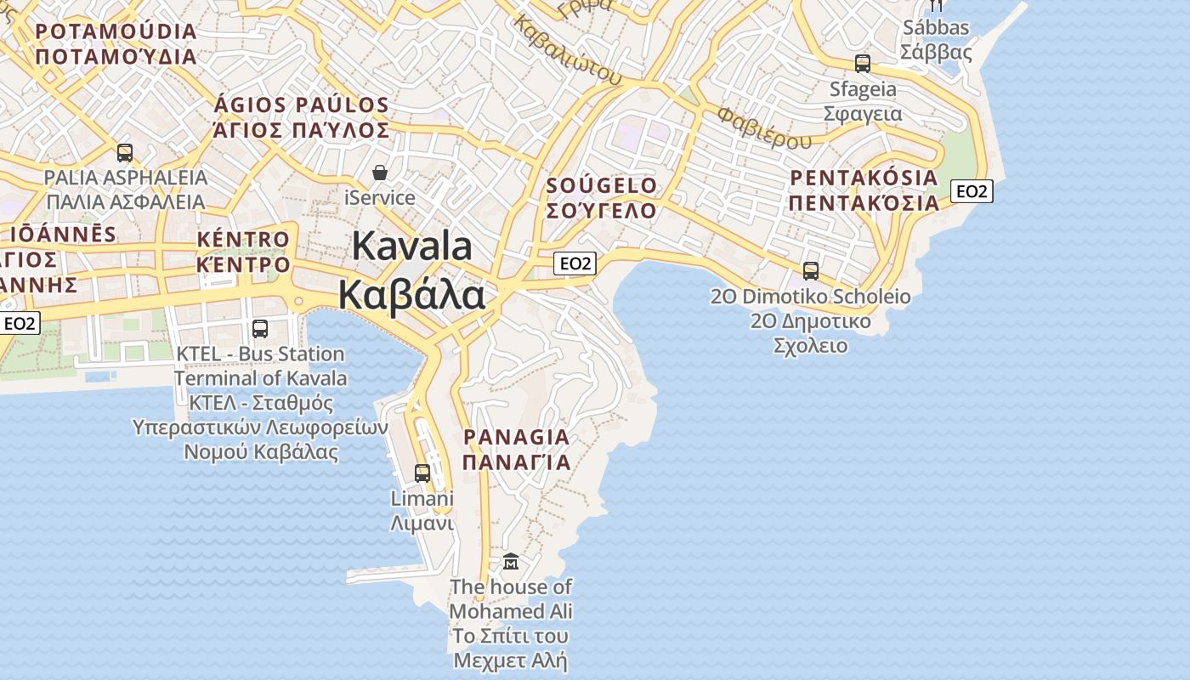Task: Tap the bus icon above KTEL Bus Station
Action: pyautogui.click(x=260, y=328)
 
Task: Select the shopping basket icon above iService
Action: pyautogui.click(x=380, y=173)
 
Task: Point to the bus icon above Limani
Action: pyautogui.click(x=422, y=473)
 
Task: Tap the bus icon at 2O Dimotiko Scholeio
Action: pyautogui.click(x=811, y=270)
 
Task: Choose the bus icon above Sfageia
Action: pyautogui.click(x=863, y=63)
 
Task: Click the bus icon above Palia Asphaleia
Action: pyautogui.click(x=125, y=153)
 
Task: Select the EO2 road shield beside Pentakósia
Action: pyautogui.click(x=972, y=191)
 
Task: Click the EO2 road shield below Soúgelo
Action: pyautogui.click(x=575, y=263)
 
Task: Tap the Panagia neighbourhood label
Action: pyautogui.click(x=516, y=449)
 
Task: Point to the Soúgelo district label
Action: pyautogui.click(x=602, y=197)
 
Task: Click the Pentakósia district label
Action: pyautogui.click(x=864, y=190)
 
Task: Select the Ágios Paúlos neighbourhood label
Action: pyautogui.click(x=302, y=117)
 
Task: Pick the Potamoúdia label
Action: pyautogui.click(x=116, y=44)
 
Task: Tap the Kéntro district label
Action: pyautogui.click(x=243, y=252)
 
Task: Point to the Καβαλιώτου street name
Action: pyautogui.click(x=568, y=50)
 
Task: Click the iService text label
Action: pyautogui.click(x=380, y=198)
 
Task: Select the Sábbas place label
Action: pyautogui.click(x=936, y=40)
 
